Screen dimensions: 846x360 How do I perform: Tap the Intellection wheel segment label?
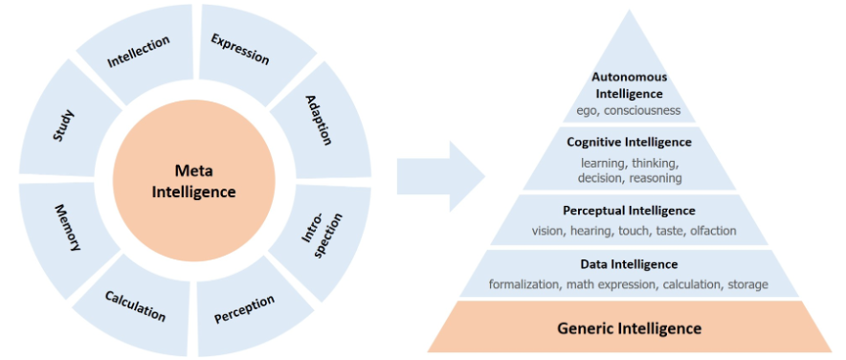click(139, 53)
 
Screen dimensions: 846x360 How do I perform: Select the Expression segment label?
click(240, 49)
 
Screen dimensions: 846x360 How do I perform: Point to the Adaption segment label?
click(319, 121)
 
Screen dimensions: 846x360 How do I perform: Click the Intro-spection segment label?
click(321, 236)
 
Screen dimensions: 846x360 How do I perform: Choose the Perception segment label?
click(244, 309)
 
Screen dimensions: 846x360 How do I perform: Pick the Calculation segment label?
click(135, 306)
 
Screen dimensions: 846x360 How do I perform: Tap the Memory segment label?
click(68, 228)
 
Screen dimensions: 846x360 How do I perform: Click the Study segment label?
click(63, 125)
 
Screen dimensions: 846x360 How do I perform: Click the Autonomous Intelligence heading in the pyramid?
click(629, 85)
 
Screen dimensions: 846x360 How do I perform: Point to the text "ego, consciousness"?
click(629, 111)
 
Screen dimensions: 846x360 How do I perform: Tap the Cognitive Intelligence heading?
click(629, 143)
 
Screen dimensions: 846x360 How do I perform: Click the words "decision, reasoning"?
click(629, 177)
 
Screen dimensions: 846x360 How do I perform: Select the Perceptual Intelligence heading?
click(629, 210)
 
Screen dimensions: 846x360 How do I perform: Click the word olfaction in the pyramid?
click(712, 231)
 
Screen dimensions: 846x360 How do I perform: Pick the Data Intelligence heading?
click(629, 264)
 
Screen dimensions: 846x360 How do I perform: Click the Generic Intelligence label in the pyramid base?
click(629, 327)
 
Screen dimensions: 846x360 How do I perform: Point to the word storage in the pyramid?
click(747, 284)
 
